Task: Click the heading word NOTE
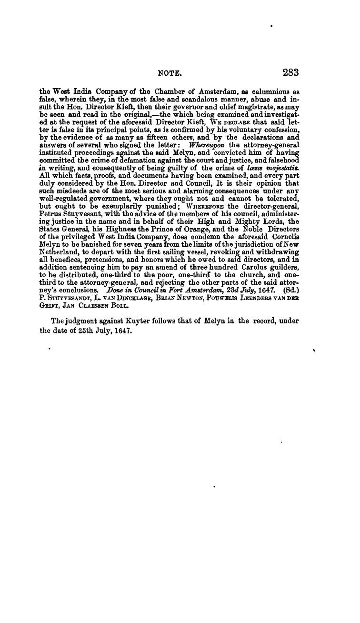170,73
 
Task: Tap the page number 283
290,73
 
